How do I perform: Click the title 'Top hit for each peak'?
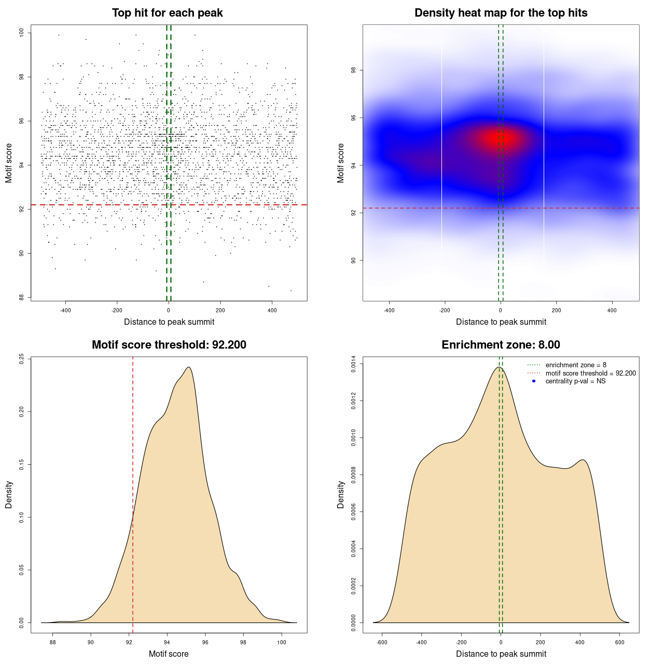168,13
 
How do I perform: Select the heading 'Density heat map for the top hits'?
501,13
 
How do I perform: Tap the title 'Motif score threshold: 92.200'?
169,345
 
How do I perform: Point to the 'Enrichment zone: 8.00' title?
501,345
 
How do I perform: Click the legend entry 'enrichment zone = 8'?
576,365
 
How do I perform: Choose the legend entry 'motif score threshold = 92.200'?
590,374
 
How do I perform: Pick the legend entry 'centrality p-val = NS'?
575,381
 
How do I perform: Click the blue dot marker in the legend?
534,381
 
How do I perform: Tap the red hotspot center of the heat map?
501,139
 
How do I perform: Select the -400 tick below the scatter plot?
65,310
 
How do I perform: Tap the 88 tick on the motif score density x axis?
52,642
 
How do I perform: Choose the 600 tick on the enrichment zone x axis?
619,642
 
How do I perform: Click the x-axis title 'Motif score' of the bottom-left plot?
169,654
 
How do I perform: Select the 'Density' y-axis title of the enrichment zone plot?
341,494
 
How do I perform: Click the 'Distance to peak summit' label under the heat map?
501,322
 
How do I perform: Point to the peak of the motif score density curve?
189,367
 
